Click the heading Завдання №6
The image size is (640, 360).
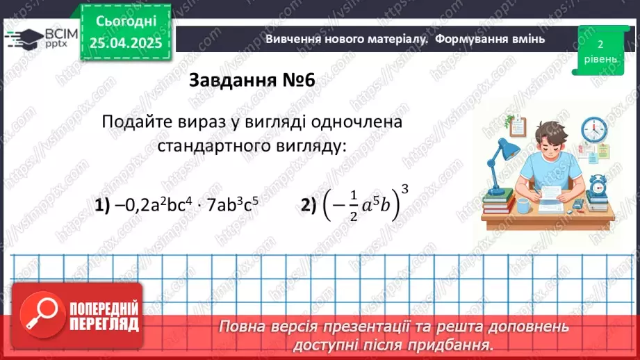(x=252, y=81)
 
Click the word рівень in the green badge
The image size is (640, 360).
(x=599, y=59)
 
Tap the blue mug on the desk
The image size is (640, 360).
(x=522, y=206)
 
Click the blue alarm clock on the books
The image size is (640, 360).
(x=598, y=184)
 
